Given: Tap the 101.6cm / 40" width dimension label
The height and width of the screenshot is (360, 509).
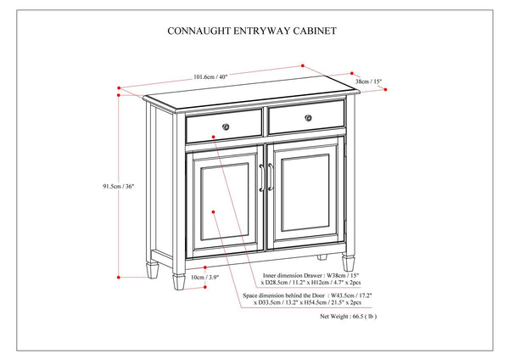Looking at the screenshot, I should (211, 77).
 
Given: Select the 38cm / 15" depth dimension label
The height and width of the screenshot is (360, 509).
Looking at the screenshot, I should (368, 82).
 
